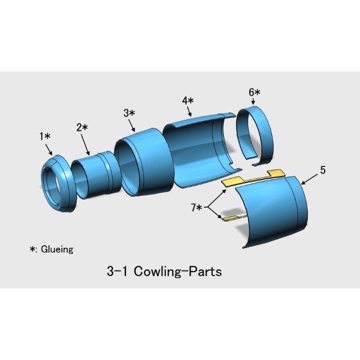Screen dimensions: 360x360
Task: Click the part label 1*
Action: pos(45,136)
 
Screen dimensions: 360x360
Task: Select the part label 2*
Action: pos(82,127)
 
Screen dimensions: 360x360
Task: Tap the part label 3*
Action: pos(129,113)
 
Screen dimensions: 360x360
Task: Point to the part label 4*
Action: pos(188,101)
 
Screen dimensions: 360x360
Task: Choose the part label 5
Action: pos(323,170)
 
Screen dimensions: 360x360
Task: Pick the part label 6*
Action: pos(254,92)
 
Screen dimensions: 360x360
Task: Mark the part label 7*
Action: pos(196,208)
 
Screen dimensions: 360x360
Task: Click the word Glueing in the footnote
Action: pos(57,249)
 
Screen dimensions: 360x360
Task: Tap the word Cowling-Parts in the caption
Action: pos(178,271)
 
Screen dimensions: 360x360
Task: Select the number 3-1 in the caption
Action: pos(117,271)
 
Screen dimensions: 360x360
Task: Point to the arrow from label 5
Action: pos(309,179)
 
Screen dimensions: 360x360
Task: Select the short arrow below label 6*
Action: pos(253,102)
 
